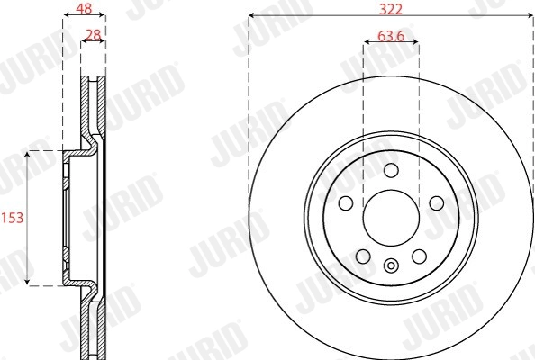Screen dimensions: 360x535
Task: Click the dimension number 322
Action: coord(390,8)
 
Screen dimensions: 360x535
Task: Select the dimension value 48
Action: coord(82,8)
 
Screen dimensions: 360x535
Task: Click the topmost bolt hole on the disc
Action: coord(390,171)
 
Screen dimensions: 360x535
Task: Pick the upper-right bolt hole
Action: coord(437,203)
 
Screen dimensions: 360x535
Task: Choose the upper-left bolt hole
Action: coord(344,203)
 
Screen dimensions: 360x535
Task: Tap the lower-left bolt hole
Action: coord(362,257)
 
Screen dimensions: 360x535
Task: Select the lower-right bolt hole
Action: coord(419,257)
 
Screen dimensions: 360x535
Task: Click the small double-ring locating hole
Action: coord(390,265)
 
